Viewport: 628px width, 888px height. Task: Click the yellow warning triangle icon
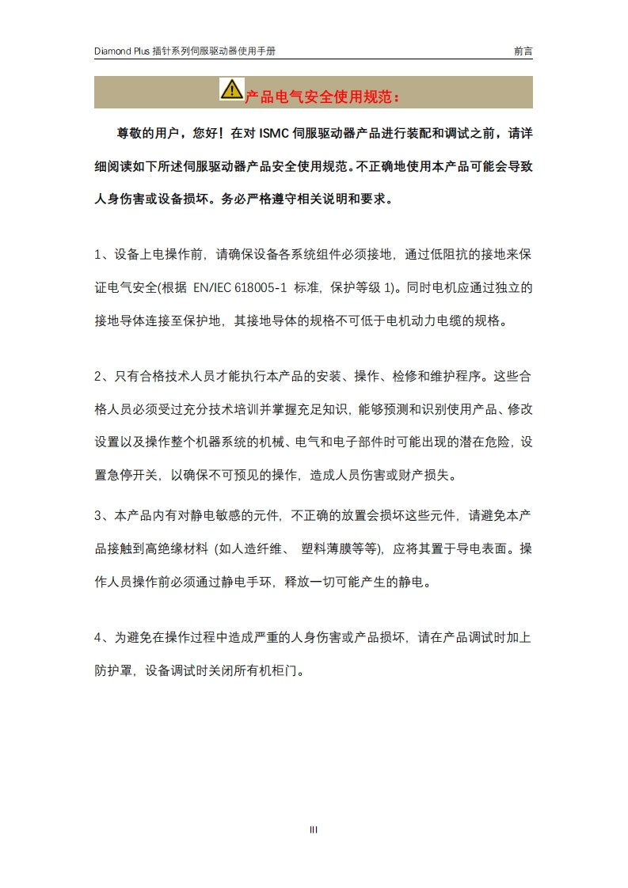click(x=231, y=89)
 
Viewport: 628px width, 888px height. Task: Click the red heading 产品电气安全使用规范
click(x=323, y=97)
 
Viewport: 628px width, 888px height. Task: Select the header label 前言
click(x=523, y=51)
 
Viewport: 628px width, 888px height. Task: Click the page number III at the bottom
click(x=314, y=830)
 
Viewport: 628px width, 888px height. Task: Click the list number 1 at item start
click(x=98, y=255)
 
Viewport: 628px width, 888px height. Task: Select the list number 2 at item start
click(x=98, y=376)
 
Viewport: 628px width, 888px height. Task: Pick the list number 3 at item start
click(x=98, y=515)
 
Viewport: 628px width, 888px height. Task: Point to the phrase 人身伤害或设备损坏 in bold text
click(x=151, y=199)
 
